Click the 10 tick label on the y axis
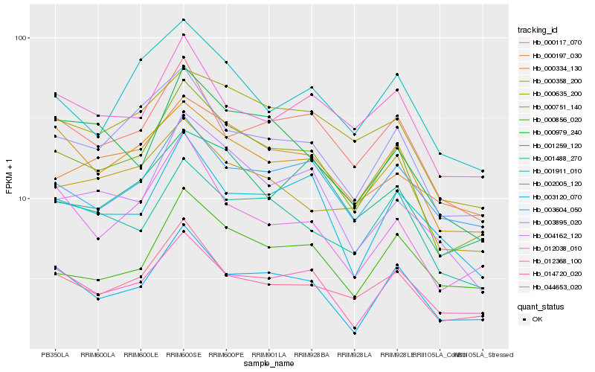coord(23,199)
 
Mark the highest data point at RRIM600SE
coord(184,20)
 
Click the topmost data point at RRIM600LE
coord(141,60)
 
